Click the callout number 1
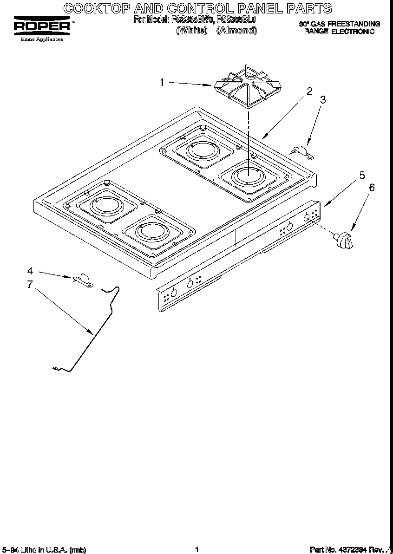[162, 83]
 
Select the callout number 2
[309, 91]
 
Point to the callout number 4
[30, 271]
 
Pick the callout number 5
[362, 176]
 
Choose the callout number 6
[371, 188]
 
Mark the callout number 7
[30, 284]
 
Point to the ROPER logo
[42, 27]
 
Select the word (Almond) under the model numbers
[236, 31]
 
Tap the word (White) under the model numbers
[191, 31]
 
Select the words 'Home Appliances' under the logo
[42, 39]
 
